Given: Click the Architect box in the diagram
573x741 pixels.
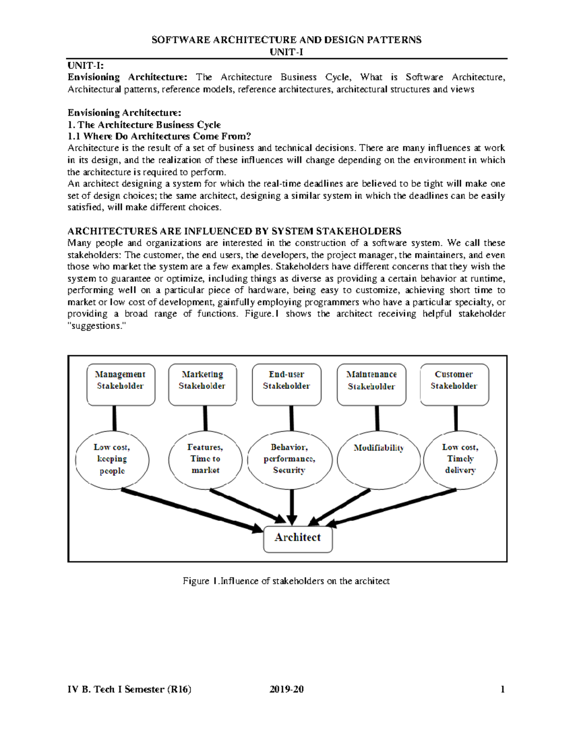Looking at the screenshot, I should [x=298, y=539].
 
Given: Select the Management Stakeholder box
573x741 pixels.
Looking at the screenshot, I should [x=121, y=385].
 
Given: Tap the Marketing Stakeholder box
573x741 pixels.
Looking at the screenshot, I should [x=202, y=385].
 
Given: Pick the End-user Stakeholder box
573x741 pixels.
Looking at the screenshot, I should [x=286, y=385].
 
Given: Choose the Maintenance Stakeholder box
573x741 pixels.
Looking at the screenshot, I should [x=371, y=385].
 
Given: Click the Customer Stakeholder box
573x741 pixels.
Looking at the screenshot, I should [x=454, y=385].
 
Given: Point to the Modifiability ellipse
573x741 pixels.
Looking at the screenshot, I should [x=378, y=460].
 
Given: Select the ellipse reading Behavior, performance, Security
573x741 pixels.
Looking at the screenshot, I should [x=289, y=459].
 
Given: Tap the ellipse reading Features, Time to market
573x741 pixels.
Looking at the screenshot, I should [x=205, y=459].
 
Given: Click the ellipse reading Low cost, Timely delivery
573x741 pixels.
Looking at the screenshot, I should [x=460, y=459].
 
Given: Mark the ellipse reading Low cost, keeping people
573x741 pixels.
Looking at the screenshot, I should [x=112, y=459].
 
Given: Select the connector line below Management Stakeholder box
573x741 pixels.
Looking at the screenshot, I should [x=115, y=418].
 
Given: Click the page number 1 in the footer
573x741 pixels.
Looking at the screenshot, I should [x=502, y=689].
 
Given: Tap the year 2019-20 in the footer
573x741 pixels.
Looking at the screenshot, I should [x=286, y=689].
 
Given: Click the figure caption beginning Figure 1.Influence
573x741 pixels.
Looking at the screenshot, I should [x=286, y=581].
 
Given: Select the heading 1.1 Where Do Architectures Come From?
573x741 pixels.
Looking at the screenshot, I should [x=159, y=136].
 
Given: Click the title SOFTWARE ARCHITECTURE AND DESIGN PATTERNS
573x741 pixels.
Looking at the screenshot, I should [x=286, y=40].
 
